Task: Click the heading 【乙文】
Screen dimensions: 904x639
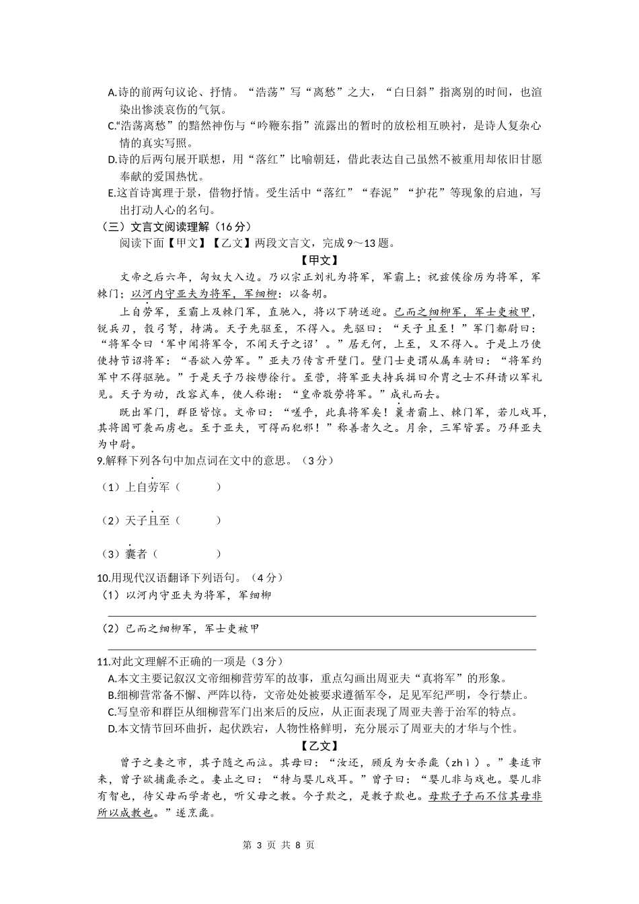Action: point(319,746)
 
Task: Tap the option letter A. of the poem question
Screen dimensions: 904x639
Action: point(112,93)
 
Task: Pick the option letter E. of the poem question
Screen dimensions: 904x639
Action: point(112,194)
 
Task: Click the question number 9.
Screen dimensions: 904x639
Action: point(100,461)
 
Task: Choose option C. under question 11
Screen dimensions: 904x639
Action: point(112,712)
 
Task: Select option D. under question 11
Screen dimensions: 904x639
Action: point(112,729)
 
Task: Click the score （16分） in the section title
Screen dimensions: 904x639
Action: point(233,227)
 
